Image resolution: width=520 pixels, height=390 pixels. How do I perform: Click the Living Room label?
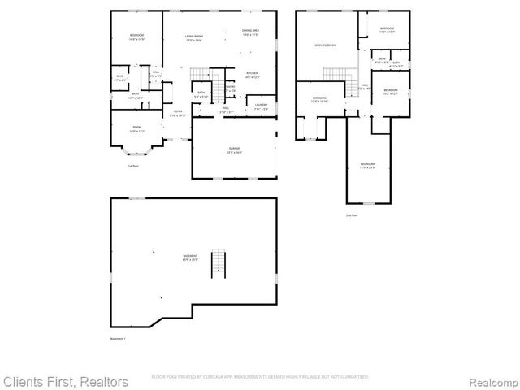pyautogui.click(x=193, y=37)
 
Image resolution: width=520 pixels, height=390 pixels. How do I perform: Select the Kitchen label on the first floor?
pyautogui.click(x=252, y=75)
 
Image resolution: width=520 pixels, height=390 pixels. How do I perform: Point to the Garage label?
pyautogui.click(x=233, y=149)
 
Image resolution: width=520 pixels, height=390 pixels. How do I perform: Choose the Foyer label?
pyautogui.click(x=177, y=113)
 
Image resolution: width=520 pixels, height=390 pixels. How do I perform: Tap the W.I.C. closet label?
pyautogui.click(x=119, y=77)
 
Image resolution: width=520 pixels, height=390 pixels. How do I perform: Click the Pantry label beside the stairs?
pyautogui.click(x=230, y=88)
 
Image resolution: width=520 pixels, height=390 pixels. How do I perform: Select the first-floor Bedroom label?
pyautogui.click(x=136, y=37)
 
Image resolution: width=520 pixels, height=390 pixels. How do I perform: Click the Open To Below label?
pyautogui.click(x=326, y=45)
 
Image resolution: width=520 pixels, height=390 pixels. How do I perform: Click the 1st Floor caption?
pyautogui.click(x=132, y=167)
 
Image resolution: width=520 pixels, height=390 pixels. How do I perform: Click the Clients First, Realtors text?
pyautogui.click(x=65, y=381)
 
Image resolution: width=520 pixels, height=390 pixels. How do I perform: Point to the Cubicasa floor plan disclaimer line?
pyautogui.click(x=260, y=376)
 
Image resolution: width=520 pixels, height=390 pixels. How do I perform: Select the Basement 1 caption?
pyautogui.click(x=119, y=339)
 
